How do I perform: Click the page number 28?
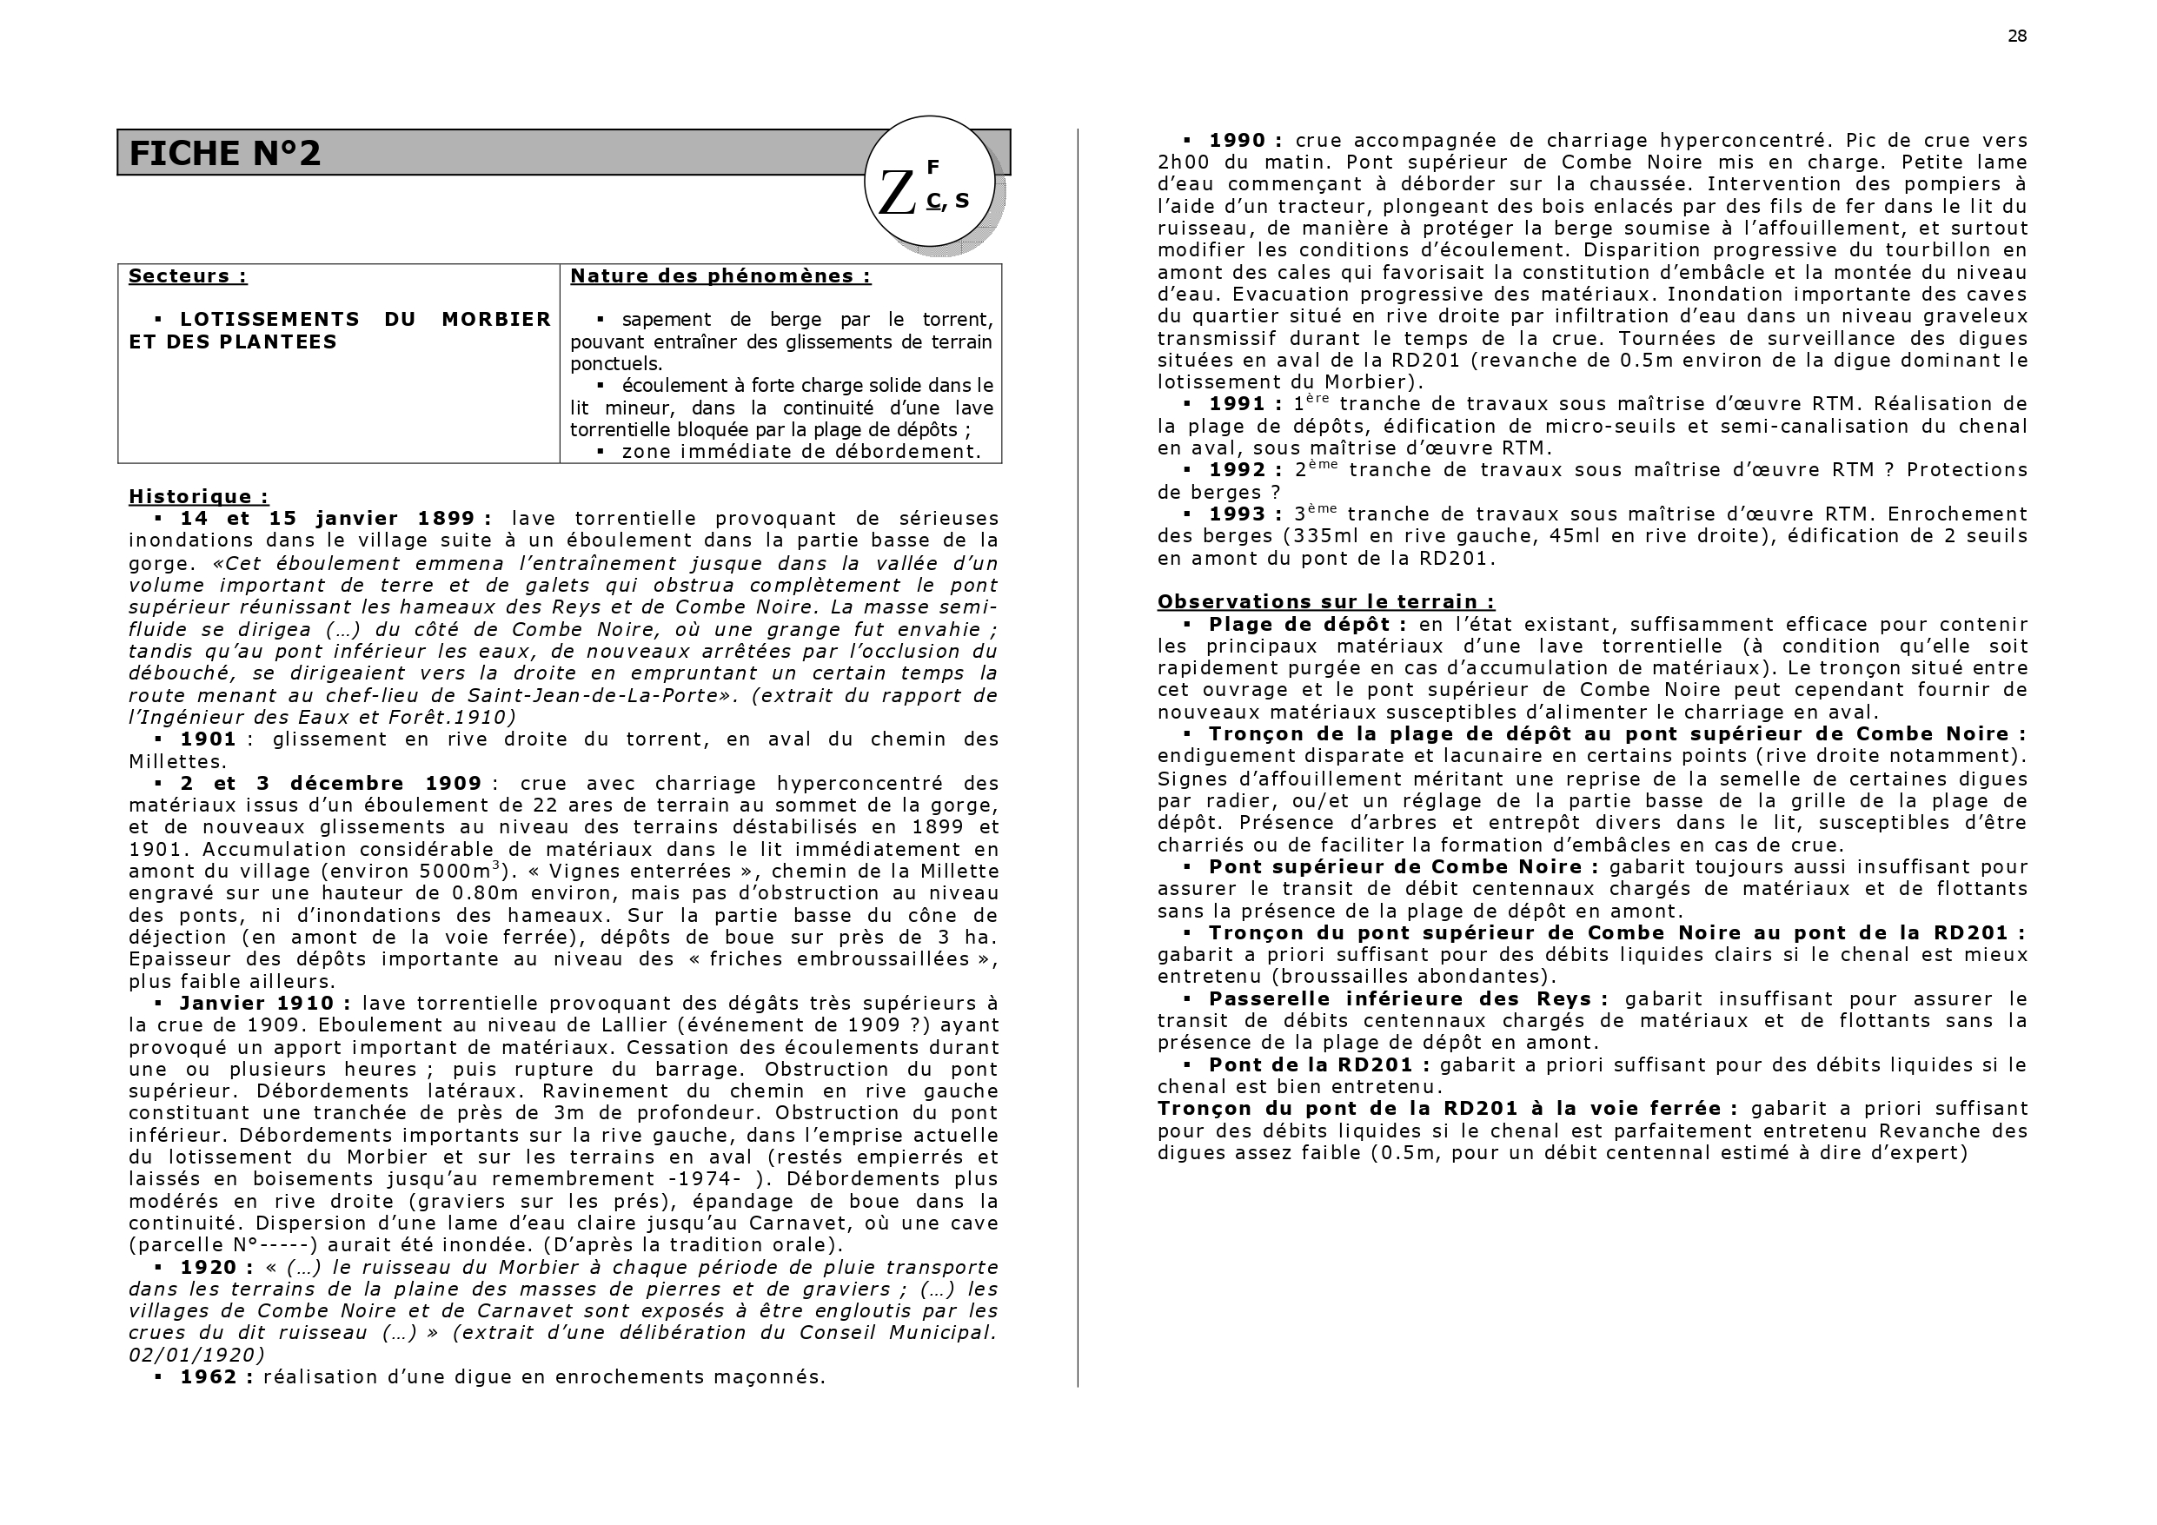pos(2017,36)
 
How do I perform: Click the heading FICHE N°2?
pos(224,153)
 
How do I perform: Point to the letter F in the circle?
pos(932,167)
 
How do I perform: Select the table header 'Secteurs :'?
pos(188,276)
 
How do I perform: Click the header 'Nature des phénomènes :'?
pos(720,276)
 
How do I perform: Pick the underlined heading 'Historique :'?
pos(198,496)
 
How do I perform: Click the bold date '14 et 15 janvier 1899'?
pos(335,519)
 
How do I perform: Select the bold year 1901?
pos(208,739)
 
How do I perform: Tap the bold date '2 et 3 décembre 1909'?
pos(331,784)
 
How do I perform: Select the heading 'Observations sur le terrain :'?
pos(1325,602)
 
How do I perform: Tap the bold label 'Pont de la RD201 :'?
pos(1319,1065)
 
